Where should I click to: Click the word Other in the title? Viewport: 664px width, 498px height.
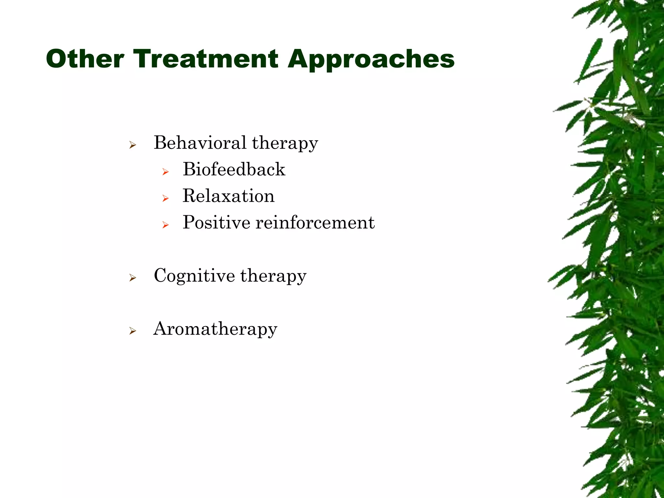point(85,59)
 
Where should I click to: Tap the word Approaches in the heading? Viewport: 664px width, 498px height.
point(371,60)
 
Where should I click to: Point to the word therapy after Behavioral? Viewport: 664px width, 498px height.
point(285,143)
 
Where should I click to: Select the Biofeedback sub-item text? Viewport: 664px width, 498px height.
point(234,169)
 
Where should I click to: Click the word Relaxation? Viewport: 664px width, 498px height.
point(229,196)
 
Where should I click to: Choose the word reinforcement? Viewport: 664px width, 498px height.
point(315,222)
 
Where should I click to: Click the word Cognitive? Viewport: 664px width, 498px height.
point(194,276)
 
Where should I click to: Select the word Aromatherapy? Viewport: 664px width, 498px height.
point(215,329)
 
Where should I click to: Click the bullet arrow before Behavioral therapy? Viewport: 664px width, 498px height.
point(132,145)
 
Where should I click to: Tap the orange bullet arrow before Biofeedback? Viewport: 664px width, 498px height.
point(165,172)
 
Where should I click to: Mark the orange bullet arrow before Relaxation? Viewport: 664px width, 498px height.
point(165,198)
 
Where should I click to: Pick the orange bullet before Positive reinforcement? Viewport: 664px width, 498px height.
point(165,225)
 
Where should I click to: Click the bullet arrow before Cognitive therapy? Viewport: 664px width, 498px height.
point(132,278)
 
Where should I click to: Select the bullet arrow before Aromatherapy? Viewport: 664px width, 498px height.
point(132,331)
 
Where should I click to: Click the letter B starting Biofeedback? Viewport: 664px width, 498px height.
point(189,169)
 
